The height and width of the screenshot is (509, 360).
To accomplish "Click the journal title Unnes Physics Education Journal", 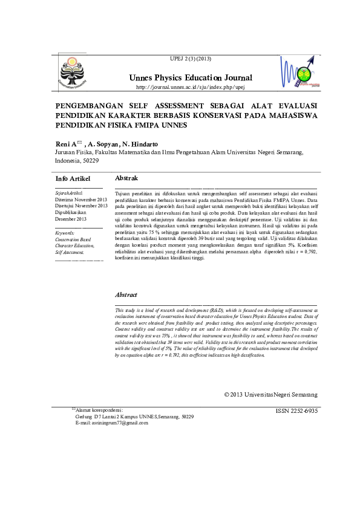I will click(x=190, y=78).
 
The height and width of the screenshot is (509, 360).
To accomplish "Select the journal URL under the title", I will click(x=190, y=87).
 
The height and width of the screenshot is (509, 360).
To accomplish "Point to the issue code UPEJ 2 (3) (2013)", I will click(x=191, y=57).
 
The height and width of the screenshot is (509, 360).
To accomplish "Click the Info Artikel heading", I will click(x=73, y=179).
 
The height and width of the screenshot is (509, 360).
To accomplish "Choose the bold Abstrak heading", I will click(x=126, y=178).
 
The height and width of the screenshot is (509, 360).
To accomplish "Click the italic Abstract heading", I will click(x=126, y=295).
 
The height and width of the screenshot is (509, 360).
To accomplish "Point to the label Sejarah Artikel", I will click(x=68, y=193).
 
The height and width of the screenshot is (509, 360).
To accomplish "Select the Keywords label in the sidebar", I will click(x=64, y=233).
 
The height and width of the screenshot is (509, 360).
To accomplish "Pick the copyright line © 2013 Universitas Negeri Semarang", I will click(x=270, y=395).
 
